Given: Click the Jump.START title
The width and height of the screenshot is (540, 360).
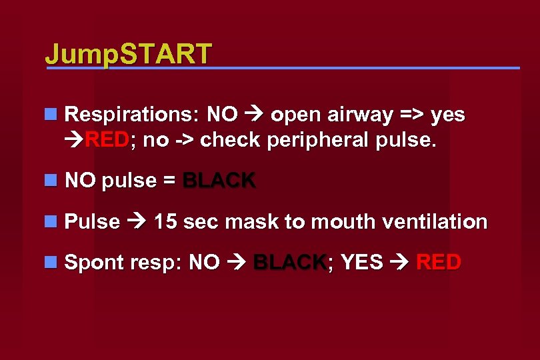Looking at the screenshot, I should coord(128,53).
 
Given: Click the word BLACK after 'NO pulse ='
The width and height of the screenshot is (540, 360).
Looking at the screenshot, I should coord(219,181).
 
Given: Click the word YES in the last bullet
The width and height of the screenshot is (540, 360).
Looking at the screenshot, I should coord(362,262).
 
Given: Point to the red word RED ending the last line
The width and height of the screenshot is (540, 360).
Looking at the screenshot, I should coord(438,262).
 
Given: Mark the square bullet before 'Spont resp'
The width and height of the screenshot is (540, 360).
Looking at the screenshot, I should coord(50,262).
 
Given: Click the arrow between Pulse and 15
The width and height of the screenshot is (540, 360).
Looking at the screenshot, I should coord(137,221).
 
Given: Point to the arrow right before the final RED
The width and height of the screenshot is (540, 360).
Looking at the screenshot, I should coord(399,262).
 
